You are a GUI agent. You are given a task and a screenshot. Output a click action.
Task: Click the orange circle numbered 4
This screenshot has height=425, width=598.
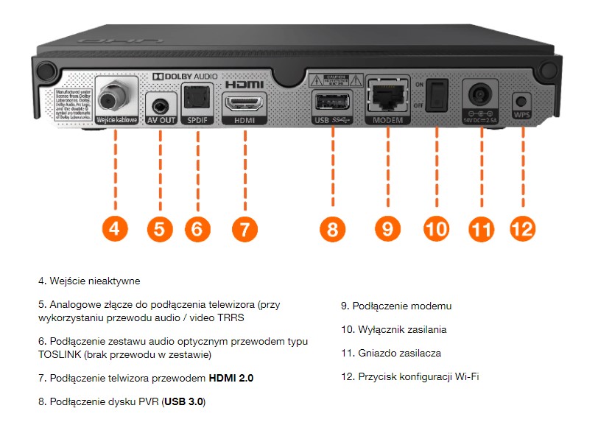click(114, 229)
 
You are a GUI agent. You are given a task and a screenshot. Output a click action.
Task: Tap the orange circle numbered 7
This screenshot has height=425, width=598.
click(245, 229)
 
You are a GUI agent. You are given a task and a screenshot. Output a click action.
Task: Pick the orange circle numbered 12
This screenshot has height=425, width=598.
click(521, 229)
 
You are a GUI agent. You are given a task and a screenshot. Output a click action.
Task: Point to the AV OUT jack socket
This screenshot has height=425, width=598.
click(160, 101)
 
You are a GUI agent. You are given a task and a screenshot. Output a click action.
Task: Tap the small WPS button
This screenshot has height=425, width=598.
click(522, 101)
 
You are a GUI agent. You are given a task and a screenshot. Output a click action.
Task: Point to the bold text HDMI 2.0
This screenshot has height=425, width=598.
click(231, 378)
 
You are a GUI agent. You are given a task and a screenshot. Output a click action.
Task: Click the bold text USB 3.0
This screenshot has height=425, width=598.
click(184, 401)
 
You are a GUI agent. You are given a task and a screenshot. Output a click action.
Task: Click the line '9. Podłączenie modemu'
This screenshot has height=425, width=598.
click(395, 306)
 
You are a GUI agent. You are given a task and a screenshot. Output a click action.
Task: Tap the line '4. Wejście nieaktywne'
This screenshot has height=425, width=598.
click(89, 281)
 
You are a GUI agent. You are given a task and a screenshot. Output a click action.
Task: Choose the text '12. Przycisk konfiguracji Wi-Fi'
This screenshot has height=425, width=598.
click(410, 377)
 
